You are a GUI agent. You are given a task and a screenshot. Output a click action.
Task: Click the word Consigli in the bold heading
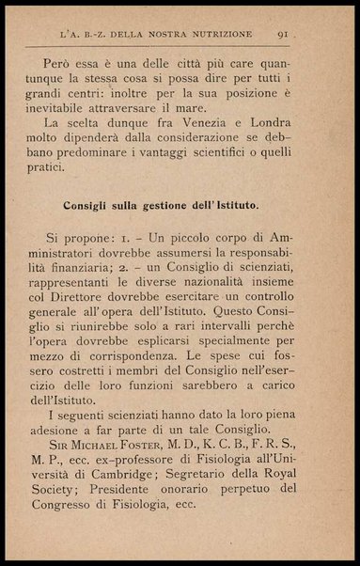(x=90, y=227)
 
